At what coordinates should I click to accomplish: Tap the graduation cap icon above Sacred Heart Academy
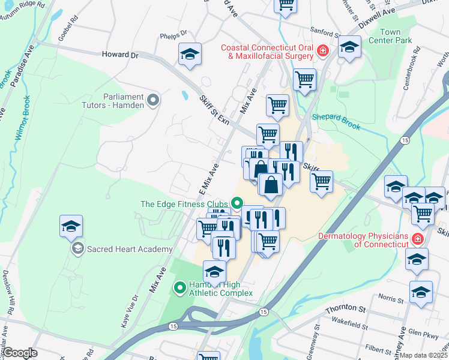pyautogui.click(x=71, y=227)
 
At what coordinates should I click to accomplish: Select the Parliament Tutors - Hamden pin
pyautogui.click(x=153, y=100)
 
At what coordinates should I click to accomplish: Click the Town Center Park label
pyautogui.click(x=398, y=36)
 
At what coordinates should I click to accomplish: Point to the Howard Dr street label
pyautogui.click(x=120, y=55)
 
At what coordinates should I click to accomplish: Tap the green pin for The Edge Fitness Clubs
pyautogui.click(x=237, y=204)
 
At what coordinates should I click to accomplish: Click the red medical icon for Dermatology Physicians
pyautogui.click(x=418, y=240)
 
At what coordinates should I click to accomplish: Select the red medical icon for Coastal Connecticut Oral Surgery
pyautogui.click(x=323, y=52)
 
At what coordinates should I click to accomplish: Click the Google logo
pyautogui.click(x=19, y=353)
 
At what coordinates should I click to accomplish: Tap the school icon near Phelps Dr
pyautogui.click(x=190, y=55)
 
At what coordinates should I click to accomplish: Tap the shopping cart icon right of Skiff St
pyautogui.click(x=322, y=181)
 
